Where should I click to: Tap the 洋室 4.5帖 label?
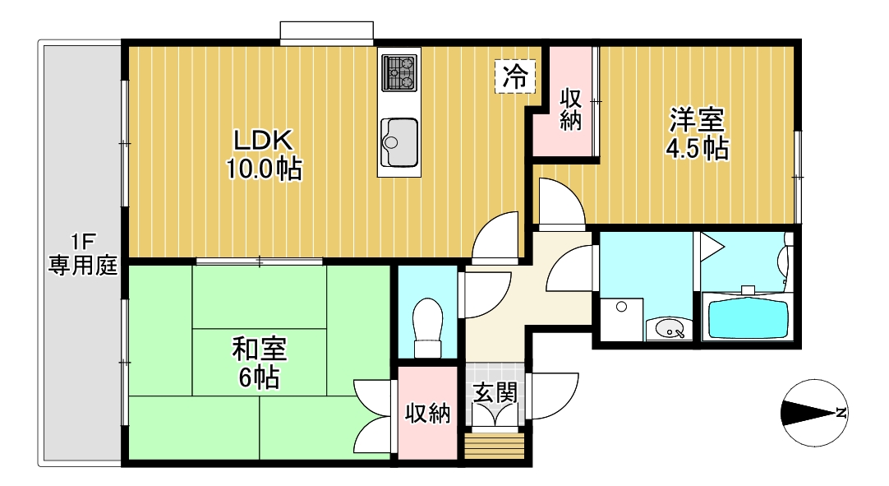[697, 134]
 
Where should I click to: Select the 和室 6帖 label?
[259, 363]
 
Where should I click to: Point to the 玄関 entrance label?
[495, 393]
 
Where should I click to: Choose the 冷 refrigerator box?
[516, 77]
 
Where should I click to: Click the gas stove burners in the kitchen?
[399, 72]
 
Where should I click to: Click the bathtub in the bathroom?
[748, 319]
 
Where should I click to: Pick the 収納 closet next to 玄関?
[427, 414]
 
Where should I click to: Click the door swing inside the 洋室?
[559, 201]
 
